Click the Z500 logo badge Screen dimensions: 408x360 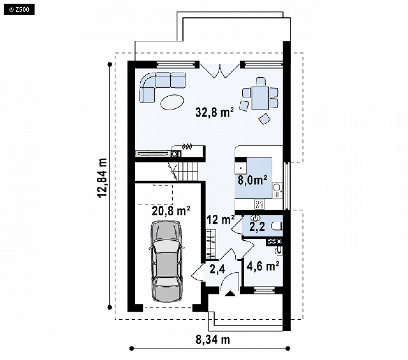pos(19,10)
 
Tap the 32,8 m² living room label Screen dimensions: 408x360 pos(215,112)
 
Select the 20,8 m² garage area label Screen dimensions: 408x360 pos(171,211)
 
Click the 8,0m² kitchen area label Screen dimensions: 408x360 pos(252,180)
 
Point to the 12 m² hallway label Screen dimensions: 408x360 pos(221,220)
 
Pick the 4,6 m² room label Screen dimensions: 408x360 pos(263,266)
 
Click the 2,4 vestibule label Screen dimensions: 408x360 pos(217,269)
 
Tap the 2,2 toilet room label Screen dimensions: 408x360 pos(257,227)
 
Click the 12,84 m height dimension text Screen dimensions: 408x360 pos(102,178)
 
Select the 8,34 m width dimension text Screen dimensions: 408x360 pos(213,340)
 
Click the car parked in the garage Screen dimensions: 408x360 pos(166,261)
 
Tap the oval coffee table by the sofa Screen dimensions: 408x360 pos(172,102)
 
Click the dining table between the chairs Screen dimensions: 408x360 pos(260,98)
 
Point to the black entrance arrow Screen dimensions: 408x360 pos(230,294)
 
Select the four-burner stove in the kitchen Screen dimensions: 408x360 pos(259,204)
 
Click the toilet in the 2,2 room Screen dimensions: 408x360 pos(277,226)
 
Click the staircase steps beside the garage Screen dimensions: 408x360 pos(185,171)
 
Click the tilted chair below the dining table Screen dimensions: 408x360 pos(264,119)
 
